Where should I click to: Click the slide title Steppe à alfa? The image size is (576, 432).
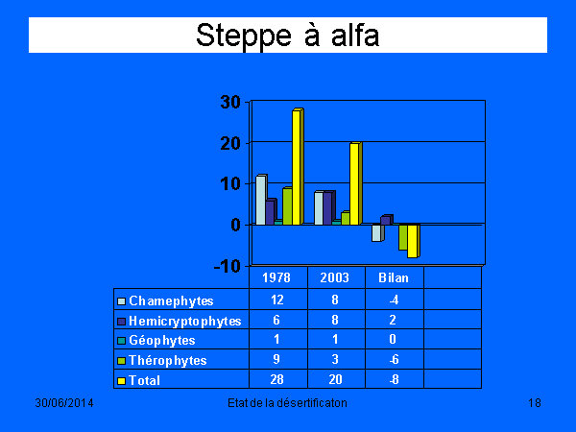288,36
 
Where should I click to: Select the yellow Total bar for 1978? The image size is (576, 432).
298,166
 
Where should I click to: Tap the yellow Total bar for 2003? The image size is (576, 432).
355,183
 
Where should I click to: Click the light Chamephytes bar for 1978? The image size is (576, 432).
261,200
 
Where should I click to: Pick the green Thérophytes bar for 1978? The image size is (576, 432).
287,205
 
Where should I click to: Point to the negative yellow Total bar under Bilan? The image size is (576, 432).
413,241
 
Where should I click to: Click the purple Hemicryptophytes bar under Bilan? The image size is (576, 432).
387,220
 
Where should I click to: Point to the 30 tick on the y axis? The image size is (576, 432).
230,102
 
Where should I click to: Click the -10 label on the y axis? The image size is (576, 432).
227,266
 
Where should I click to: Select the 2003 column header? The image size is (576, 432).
335,277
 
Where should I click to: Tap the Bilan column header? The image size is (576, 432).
394,277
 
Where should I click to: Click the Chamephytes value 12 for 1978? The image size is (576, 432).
277,300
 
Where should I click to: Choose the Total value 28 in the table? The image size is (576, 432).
276,379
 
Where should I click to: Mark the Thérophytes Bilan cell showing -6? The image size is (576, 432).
394,359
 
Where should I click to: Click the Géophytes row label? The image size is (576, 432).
162,340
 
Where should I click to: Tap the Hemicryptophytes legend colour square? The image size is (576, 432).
121,322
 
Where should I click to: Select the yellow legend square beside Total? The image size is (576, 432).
121,381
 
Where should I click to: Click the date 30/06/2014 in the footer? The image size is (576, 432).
64,403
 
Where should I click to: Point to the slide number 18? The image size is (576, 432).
535,403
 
